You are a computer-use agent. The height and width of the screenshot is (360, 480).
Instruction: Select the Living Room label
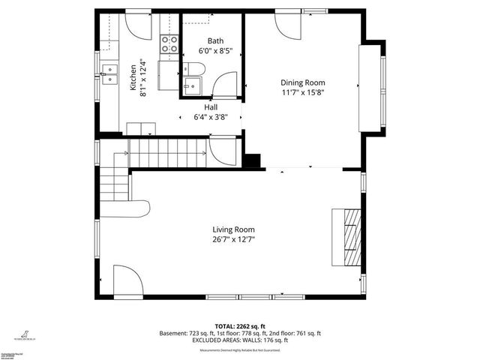[233, 229]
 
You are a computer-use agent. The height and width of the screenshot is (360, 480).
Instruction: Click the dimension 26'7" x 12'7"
[233, 240]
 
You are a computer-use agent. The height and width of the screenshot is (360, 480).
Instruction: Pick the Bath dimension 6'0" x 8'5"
[215, 51]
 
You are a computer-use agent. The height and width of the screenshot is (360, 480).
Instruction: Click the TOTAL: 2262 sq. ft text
[240, 326]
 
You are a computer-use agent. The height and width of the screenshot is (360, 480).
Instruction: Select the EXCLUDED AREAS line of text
[240, 340]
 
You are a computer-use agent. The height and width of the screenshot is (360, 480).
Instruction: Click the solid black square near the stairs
[252, 160]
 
